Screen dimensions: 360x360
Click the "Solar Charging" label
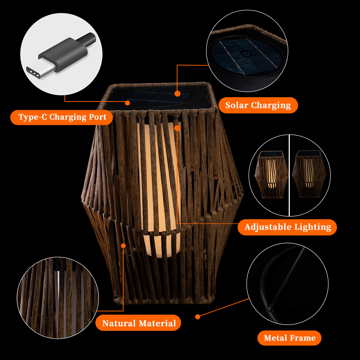[x=258, y=105]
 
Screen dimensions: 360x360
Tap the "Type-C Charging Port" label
[x=62, y=117]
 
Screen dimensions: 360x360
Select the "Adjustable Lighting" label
[x=287, y=227]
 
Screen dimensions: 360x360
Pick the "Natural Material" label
[x=138, y=323]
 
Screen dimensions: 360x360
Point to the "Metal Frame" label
[x=289, y=338]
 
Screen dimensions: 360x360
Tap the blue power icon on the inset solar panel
[x=246, y=54]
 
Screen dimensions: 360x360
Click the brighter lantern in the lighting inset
[x=271, y=174]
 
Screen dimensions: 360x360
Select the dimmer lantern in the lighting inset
[x=309, y=174]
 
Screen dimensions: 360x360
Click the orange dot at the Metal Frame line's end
[x=197, y=317]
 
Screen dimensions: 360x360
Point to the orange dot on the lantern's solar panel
[x=177, y=94]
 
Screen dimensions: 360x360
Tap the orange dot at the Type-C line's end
[x=127, y=103]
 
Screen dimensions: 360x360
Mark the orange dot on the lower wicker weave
[x=123, y=246]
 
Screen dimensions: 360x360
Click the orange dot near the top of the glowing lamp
[x=177, y=128]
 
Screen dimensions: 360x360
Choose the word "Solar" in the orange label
[x=237, y=105]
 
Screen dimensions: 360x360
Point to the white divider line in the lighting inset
[x=289, y=175]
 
